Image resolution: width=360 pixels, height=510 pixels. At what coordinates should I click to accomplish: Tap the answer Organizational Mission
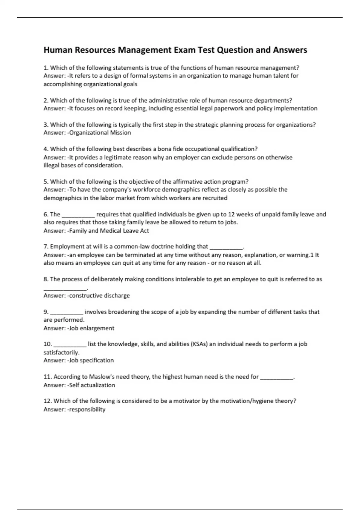(x=100, y=133)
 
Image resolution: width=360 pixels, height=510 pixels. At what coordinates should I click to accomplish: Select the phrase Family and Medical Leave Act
(x=109, y=231)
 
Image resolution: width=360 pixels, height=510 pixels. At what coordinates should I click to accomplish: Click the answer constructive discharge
(x=99, y=295)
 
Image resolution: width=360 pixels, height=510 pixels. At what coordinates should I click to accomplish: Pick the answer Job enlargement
(x=91, y=328)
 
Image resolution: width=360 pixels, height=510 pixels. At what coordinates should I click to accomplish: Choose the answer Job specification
(x=91, y=360)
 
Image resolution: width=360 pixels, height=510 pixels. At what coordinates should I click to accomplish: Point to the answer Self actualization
(x=92, y=385)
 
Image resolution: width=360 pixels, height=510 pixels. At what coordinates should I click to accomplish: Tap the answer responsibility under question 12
(x=87, y=409)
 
